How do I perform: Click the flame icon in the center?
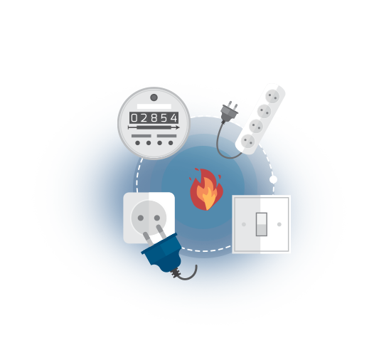tap(206, 189)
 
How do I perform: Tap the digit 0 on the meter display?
tap(134, 118)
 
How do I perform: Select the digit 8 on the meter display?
tap(154, 118)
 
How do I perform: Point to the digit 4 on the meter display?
tap(174, 118)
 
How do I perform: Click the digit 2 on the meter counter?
tap(144, 118)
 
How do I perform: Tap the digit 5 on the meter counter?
tap(164, 118)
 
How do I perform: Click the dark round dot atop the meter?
tap(154, 97)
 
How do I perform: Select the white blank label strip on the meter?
tap(154, 107)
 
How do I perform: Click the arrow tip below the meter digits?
tap(179, 127)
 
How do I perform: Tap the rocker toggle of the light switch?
tap(262, 224)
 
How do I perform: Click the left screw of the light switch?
tap(244, 224)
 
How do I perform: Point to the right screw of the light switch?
tap(279, 224)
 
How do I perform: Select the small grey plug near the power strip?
tap(229, 112)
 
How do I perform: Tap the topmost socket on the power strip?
tap(272, 96)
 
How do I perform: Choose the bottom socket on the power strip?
tap(248, 141)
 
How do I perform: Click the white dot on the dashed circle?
tap(273, 179)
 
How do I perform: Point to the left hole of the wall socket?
tap(141, 218)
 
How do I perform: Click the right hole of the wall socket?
tap(157, 218)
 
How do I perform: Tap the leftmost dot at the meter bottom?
tap(137, 143)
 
